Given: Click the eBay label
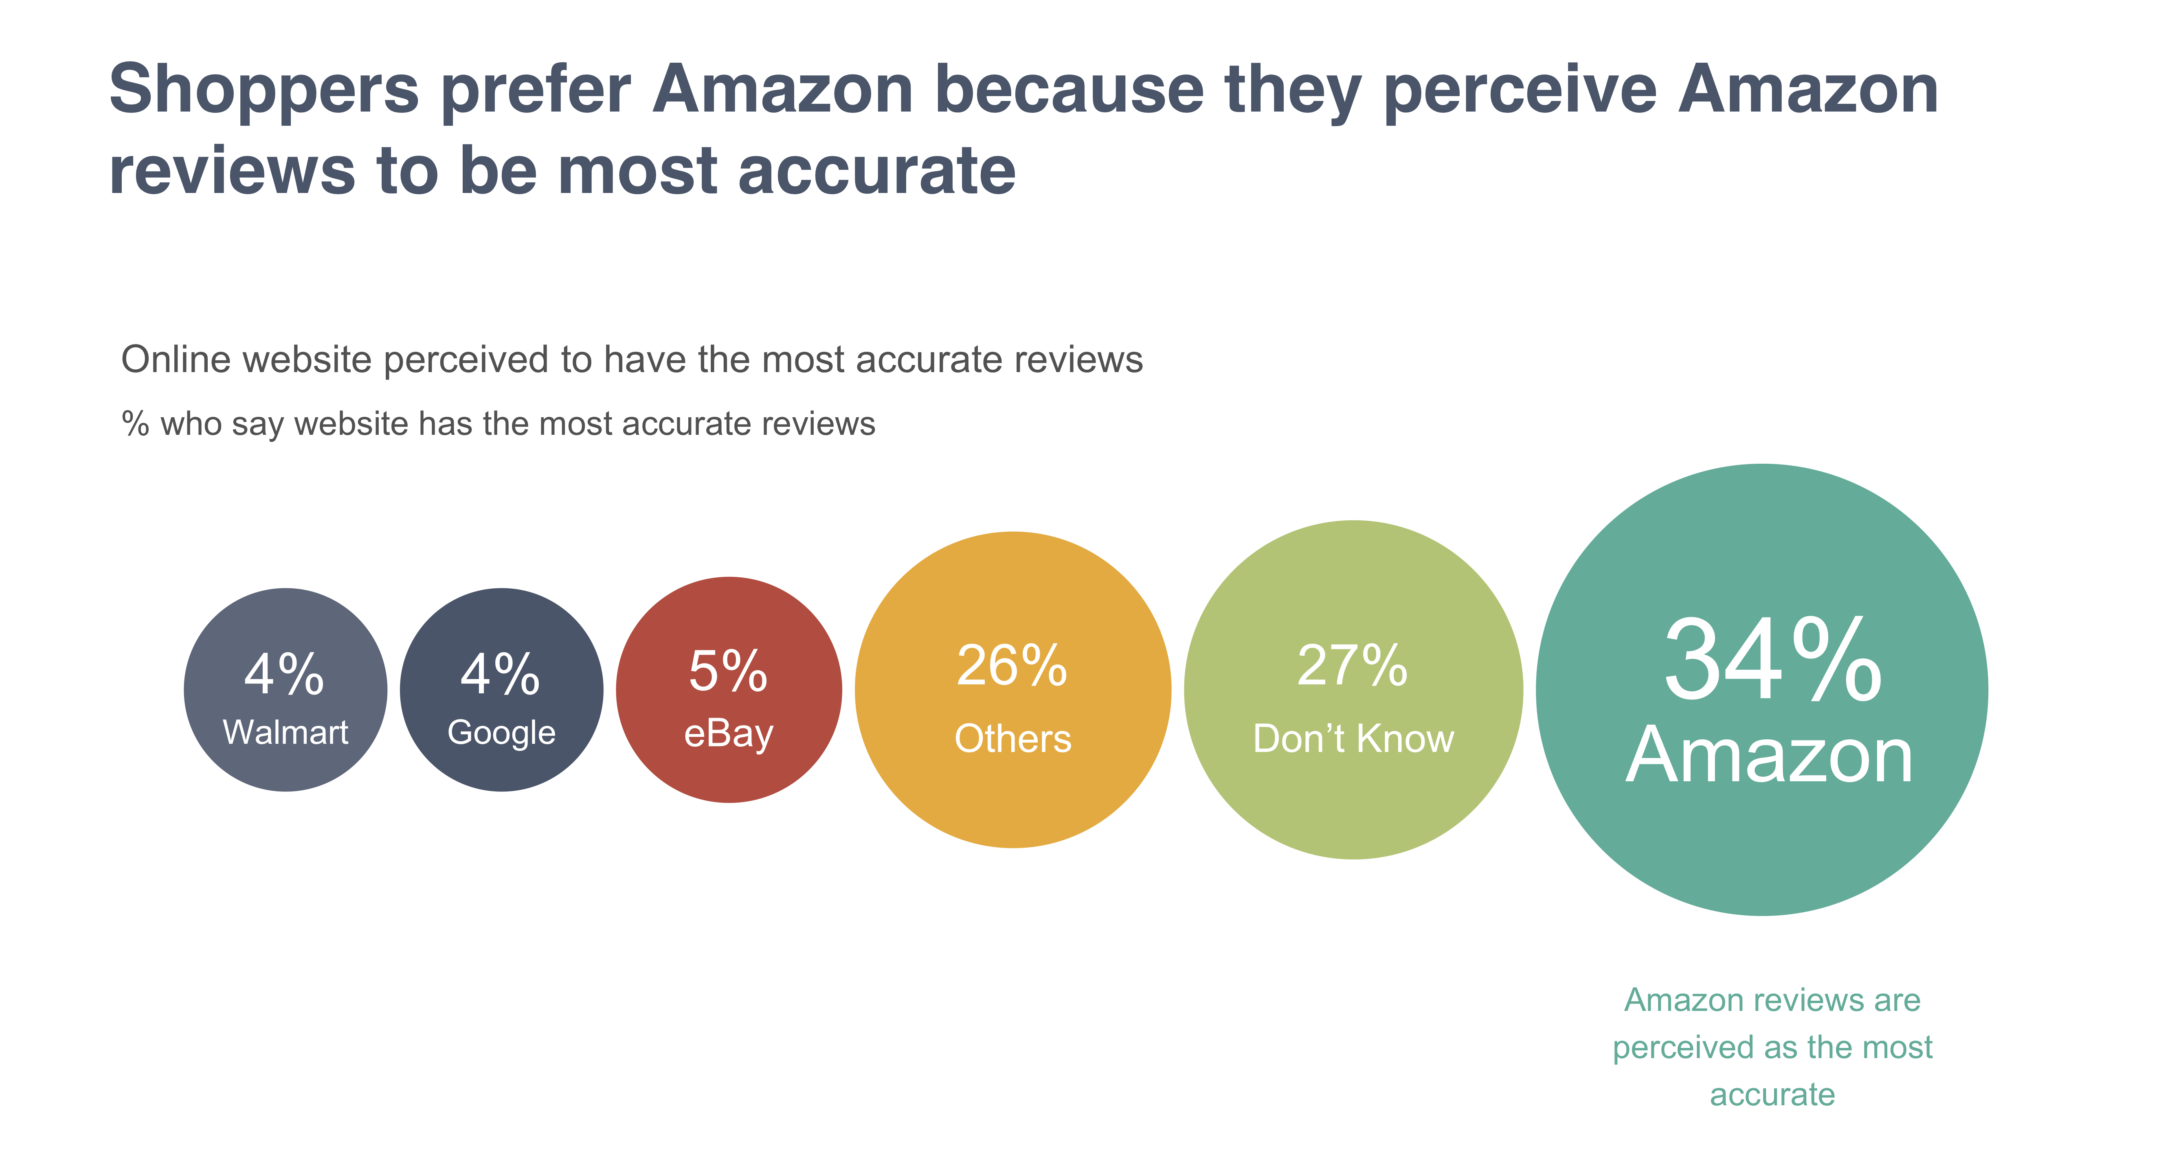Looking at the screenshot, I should pyautogui.click(x=729, y=734).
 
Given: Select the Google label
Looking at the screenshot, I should pyautogui.click(x=502, y=733).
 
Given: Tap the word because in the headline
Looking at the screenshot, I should pyautogui.click(x=1069, y=90).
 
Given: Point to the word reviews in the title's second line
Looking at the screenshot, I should pyautogui.click(x=232, y=171).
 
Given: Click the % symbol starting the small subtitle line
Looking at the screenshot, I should pyautogui.click(x=135, y=424).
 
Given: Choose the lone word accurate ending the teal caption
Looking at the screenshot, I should pyautogui.click(x=1772, y=1094).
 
